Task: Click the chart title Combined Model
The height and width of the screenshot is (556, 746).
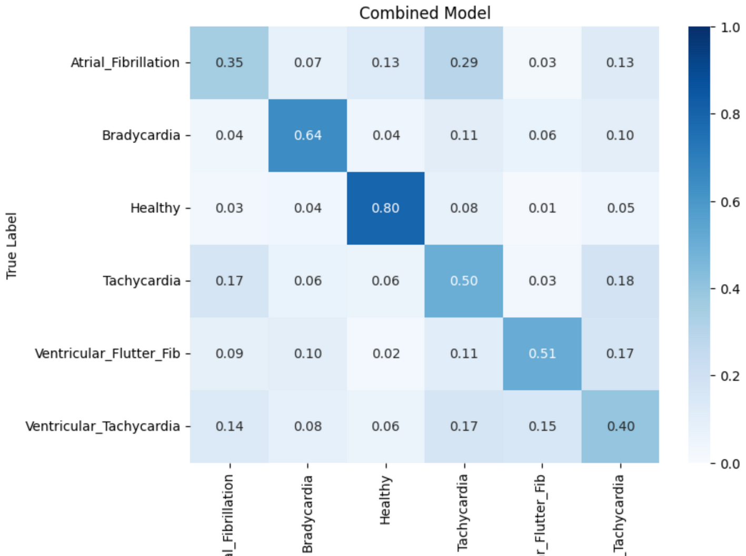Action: (424, 13)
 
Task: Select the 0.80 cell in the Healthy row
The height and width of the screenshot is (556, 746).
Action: (385, 208)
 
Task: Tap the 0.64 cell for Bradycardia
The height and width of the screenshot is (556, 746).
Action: (307, 135)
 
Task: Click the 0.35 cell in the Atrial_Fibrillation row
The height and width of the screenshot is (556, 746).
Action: (229, 63)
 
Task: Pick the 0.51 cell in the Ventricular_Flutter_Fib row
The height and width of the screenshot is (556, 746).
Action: (542, 353)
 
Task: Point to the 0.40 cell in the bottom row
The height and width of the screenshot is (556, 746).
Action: (620, 426)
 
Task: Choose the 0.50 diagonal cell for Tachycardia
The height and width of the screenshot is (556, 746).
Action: (464, 281)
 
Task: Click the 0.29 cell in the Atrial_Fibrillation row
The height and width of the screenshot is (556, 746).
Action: (464, 63)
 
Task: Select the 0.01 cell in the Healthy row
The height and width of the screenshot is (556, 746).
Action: (542, 208)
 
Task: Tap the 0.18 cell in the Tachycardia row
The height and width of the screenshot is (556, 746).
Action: (620, 281)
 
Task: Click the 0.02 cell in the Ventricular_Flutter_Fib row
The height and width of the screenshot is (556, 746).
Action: (385, 353)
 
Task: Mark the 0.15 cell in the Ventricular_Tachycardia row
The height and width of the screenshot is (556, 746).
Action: (542, 426)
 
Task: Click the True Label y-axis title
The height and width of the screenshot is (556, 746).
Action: (12, 246)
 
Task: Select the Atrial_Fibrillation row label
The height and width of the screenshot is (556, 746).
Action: (125, 63)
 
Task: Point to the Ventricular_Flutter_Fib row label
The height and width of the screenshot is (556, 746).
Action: (107, 353)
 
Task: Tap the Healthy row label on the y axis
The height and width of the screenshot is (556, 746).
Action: (155, 208)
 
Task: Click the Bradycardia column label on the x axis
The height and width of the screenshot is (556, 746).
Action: (307, 513)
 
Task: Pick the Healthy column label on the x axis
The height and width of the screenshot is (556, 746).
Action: (385, 500)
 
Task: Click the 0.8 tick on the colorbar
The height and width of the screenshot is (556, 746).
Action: (730, 114)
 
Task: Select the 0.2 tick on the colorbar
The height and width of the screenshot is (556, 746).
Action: (730, 376)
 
